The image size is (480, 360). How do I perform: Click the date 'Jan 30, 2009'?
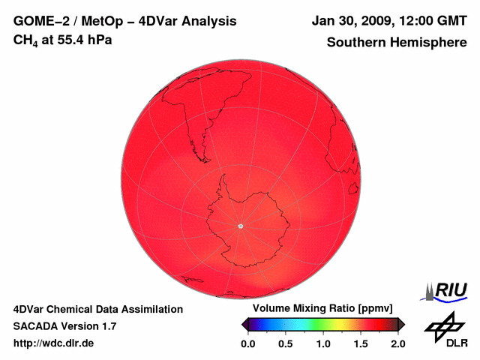click(356, 21)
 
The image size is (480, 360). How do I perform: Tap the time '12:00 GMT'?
click(435, 21)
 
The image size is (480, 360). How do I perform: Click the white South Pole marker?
click(240, 225)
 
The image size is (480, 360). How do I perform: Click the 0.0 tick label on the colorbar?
click(248, 343)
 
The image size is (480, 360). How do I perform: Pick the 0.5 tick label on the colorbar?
click(286, 343)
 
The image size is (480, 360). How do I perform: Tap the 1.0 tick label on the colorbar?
click(323, 343)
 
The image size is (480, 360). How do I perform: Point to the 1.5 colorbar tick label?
click(361, 343)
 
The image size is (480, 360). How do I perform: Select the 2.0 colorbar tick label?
click(397, 343)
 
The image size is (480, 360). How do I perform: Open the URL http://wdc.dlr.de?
click(54, 343)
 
